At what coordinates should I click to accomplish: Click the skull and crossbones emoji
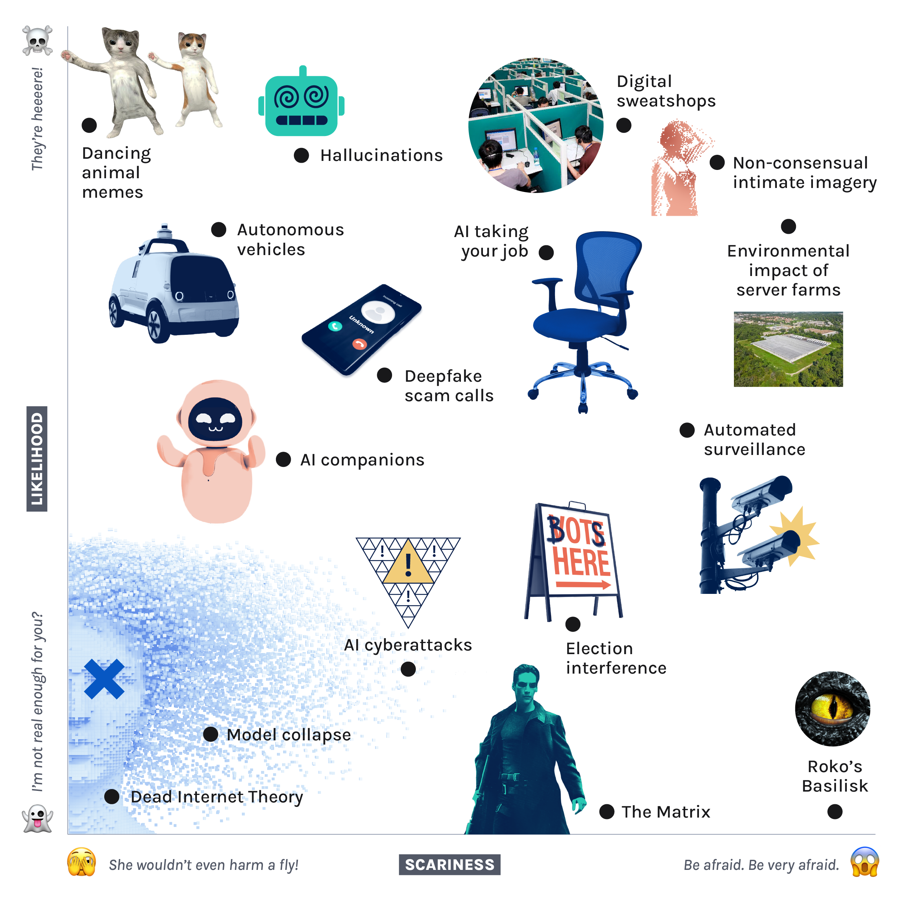38,41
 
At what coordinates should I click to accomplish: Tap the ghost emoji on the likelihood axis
38,818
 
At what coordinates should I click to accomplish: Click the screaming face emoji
864,862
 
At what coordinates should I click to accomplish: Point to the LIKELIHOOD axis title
37,459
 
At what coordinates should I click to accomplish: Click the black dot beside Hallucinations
302,156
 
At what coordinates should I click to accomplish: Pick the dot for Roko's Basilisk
835,812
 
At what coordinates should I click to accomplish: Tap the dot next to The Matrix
607,812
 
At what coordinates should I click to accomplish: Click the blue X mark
104,679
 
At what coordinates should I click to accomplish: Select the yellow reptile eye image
832,708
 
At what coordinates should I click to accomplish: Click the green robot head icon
302,101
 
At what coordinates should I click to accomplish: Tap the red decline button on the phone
359,344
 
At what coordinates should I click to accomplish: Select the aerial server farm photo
788,349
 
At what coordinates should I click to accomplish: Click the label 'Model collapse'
289,735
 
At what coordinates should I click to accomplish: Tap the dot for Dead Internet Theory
111,796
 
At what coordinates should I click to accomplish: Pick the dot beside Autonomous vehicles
219,229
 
